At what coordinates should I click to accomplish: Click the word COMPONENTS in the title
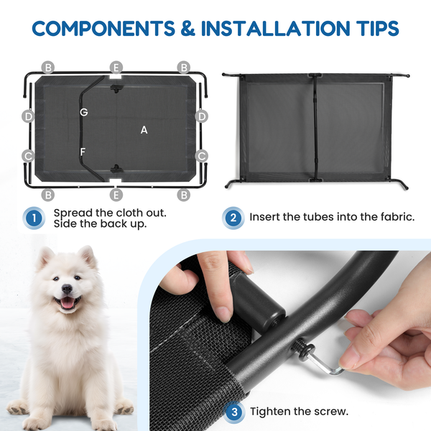[x=103, y=28]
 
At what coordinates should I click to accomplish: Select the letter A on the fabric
[x=144, y=130]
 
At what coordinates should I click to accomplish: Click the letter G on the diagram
[x=84, y=112]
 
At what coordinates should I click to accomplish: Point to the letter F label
[x=83, y=152]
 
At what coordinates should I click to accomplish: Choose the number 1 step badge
[x=34, y=218]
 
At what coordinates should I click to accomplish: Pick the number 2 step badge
[x=233, y=218]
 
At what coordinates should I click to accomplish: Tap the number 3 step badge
[x=234, y=412]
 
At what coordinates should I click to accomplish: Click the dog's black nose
[x=67, y=289]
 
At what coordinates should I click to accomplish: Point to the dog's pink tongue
[x=67, y=302]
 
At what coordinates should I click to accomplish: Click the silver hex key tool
[x=326, y=363]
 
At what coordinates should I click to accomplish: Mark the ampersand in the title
[x=188, y=28]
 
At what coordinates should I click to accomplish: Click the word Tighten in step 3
[x=269, y=412]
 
